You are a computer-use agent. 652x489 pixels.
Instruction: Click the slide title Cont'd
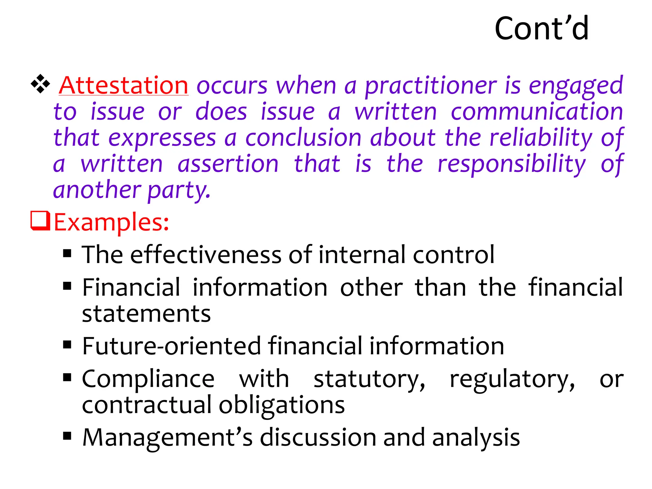point(542,29)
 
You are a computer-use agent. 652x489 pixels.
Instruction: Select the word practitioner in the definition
point(430,86)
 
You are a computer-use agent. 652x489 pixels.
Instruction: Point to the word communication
point(537,112)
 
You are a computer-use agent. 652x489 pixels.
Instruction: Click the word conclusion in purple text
point(303,138)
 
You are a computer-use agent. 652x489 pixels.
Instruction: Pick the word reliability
point(541,138)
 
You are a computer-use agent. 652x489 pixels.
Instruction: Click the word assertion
point(228,164)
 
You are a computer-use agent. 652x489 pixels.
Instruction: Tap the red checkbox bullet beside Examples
point(40,220)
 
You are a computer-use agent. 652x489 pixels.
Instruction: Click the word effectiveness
point(206,255)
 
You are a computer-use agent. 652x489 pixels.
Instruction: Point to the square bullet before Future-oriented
point(67,344)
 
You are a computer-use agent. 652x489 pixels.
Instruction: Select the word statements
point(146,314)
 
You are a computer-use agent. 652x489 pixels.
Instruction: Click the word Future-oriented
point(172,346)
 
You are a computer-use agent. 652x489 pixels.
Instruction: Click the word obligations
point(282,405)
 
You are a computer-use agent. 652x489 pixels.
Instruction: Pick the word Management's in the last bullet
point(167,438)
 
